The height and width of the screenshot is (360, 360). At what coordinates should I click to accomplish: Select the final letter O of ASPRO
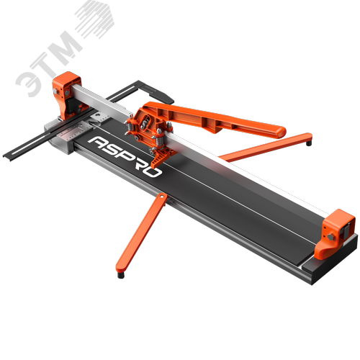tap(153, 171)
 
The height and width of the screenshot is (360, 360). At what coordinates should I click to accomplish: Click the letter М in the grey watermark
tap(63, 49)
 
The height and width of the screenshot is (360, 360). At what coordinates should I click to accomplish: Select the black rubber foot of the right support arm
tap(309, 143)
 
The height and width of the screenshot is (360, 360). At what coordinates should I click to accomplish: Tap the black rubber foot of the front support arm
tap(121, 275)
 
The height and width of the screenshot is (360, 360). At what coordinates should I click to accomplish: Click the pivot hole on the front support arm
tap(163, 197)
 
